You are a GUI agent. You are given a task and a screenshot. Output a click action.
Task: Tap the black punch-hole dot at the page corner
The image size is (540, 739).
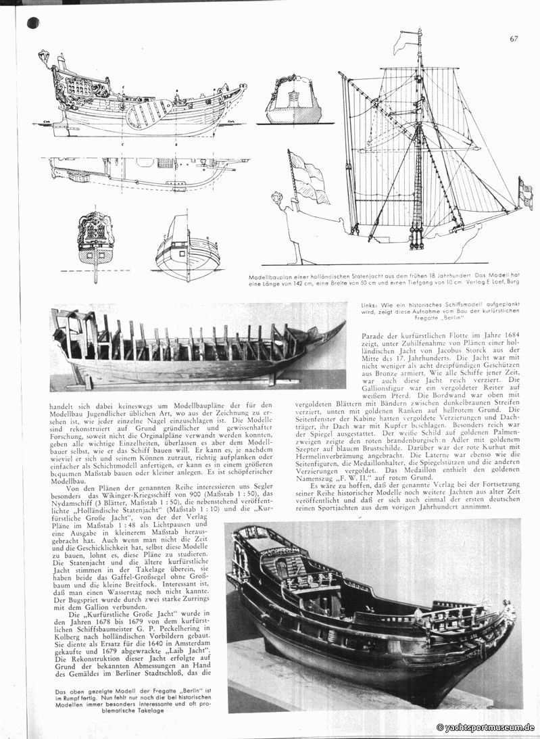point(32,24)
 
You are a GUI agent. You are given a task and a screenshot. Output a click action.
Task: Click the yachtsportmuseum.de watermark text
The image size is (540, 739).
point(486,728)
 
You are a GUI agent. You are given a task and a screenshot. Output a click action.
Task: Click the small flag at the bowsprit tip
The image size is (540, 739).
point(524,191)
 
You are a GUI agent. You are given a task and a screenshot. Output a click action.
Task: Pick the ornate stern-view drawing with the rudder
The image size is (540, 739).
point(95,243)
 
